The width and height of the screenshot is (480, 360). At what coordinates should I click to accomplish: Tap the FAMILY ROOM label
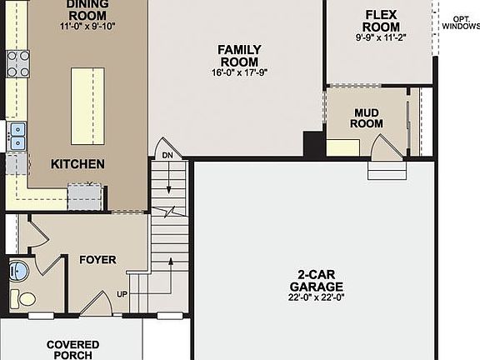pyautogui.click(x=239, y=56)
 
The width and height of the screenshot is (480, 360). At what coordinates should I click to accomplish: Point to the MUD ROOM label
pyautogui.click(x=367, y=118)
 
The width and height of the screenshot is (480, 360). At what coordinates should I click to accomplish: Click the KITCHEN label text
pyautogui.click(x=77, y=164)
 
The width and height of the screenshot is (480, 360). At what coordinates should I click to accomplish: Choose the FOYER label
pyautogui.click(x=97, y=260)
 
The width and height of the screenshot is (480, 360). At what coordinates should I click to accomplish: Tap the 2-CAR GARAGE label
pyautogui.click(x=317, y=281)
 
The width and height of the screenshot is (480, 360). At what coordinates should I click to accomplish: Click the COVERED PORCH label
pyautogui.click(x=72, y=349)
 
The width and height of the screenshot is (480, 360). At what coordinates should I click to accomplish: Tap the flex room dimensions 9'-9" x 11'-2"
pyautogui.click(x=382, y=37)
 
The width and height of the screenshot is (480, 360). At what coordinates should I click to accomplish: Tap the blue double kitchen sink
pyautogui.click(x=17, y=136)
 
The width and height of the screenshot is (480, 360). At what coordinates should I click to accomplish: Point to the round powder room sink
pyautogui.click(x=18, y=271)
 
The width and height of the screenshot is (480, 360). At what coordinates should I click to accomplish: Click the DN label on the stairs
pyautogui.click(x=167, y=156)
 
